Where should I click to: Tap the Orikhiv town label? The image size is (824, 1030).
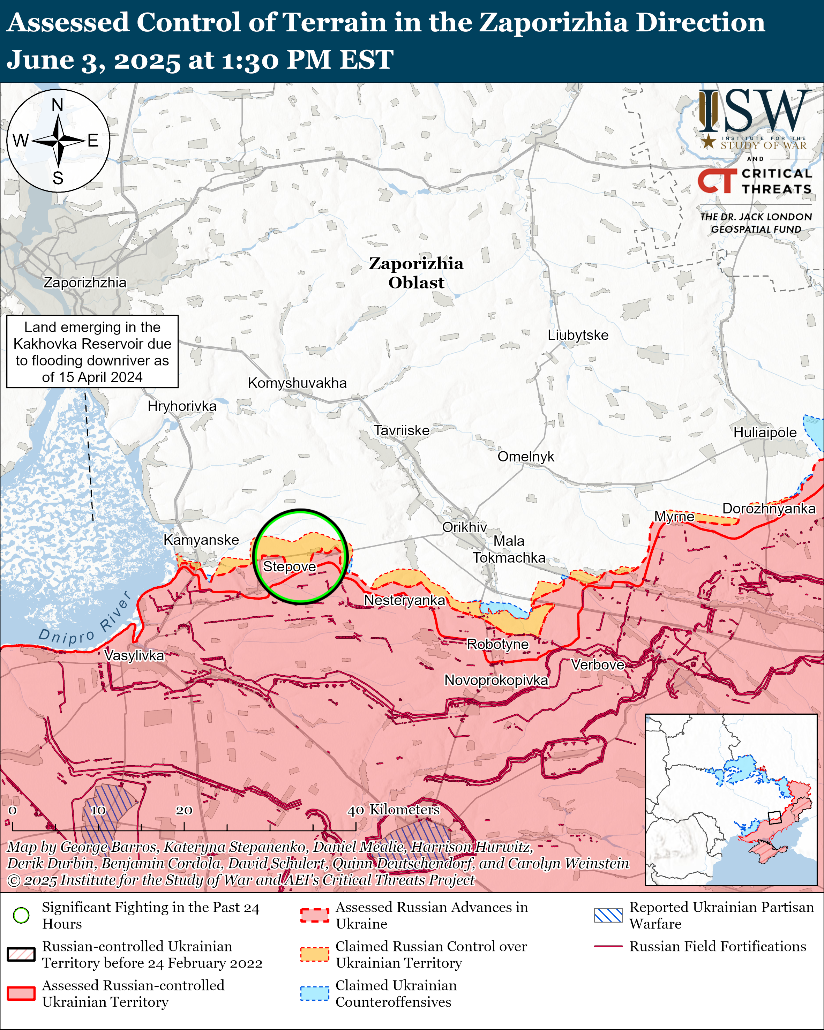click(x=464, y=527)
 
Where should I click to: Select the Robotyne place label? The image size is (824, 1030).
click(x=498, y=645)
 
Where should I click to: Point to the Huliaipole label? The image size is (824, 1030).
click(x=765, y=433)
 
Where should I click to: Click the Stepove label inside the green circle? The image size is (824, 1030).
click(x=290, y=566)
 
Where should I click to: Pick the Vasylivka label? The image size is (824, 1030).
click(x=134, y=655)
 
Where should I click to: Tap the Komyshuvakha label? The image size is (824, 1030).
click(x=297, y=383)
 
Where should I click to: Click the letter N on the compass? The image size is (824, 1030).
click(x=57, y=105)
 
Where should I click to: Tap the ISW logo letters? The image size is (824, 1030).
click(x=755, y=112)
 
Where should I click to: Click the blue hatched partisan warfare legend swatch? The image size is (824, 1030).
click(x=608, y=915)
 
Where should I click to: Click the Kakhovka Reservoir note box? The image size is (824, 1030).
click(x=92, y=352)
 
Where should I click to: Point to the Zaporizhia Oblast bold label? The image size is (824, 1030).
click(x=416, y=273)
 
